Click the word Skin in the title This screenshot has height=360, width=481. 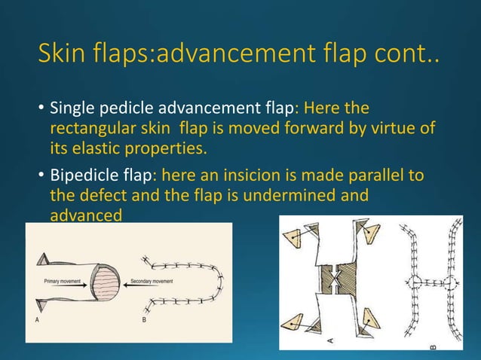point(63,54)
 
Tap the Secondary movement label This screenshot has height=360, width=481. point(152,280)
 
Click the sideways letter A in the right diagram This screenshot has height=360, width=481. point(330,339)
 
